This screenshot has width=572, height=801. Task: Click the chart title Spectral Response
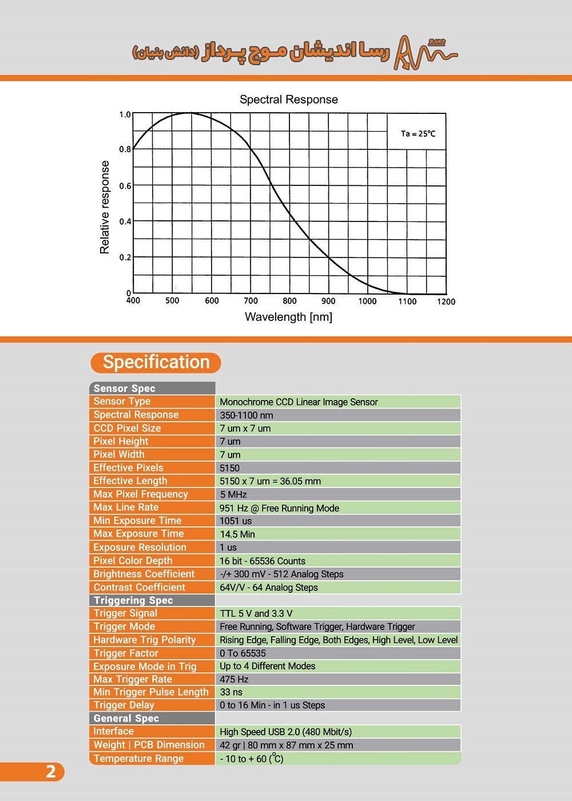[288, 100]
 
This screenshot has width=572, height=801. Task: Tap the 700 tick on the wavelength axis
[251, 301]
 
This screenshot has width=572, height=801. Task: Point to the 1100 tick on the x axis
[407, 302]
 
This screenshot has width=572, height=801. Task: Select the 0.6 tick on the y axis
[125, 186]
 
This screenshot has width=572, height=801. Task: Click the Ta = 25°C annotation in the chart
[418, 134]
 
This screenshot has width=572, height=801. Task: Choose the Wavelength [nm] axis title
[288, 317]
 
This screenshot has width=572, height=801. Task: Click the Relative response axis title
[105, 207]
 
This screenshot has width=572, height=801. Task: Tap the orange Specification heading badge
[156, 363]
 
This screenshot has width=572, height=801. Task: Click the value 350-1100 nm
[247, 415]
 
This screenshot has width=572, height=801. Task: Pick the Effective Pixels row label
[129, 468]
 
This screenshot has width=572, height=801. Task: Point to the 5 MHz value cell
[233, 495]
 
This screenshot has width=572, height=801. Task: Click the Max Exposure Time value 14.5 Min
[237, 534]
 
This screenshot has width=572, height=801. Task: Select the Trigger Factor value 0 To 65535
[243, 653]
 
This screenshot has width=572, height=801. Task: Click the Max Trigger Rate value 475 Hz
[235, 680]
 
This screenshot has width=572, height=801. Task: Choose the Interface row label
[114, 731]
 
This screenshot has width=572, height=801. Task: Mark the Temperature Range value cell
[252, 759]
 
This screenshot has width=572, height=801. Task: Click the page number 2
[50, 772]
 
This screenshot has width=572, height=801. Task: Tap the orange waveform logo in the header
[425, 53]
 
